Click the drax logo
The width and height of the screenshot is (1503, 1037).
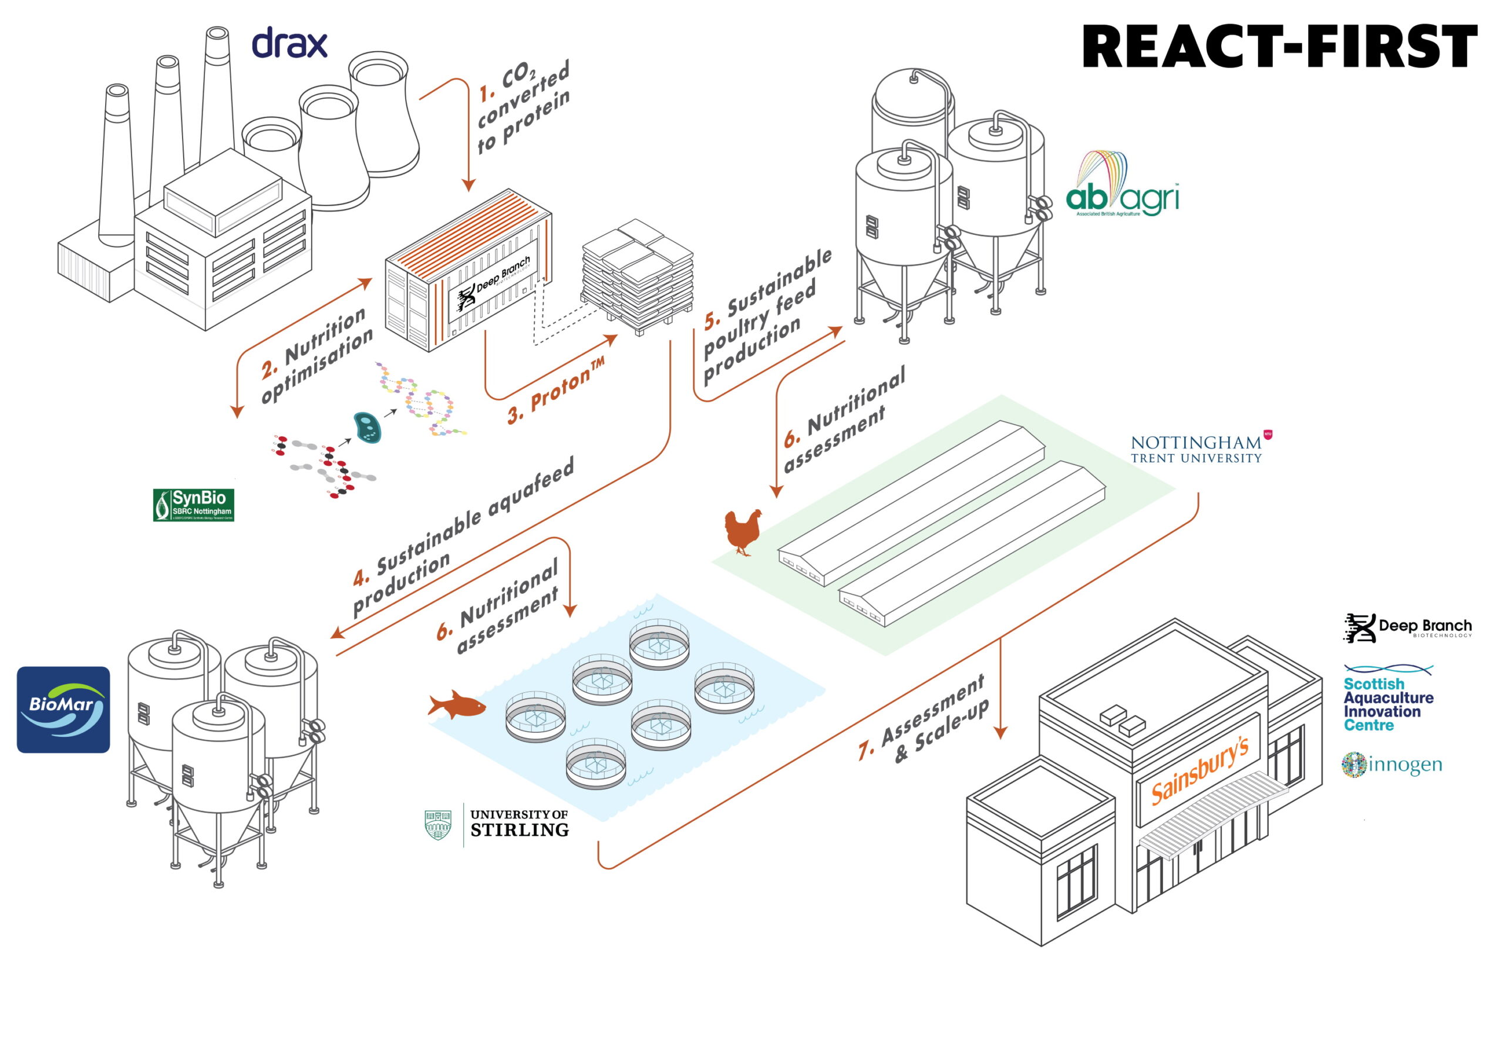coord(289,43)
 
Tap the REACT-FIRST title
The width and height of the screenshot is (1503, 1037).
coord(1278,47)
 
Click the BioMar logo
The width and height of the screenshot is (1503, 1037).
coord(63,709)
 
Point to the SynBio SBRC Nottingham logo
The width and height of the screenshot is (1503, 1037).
coord(194,505)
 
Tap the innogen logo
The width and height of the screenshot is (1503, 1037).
coord(1391,765)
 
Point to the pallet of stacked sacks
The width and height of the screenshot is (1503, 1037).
coord(637,276)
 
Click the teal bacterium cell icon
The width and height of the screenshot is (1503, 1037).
coord(367,427)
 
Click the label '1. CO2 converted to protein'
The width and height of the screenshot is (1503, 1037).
coord(524,107)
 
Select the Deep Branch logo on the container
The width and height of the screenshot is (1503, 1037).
coord(494,284)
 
